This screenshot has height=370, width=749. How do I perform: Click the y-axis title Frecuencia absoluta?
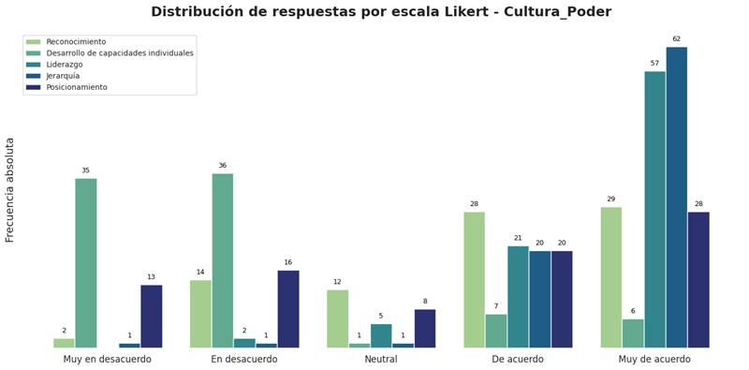(x=10, y=190)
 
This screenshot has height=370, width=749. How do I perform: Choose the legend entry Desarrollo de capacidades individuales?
(x=119, y=53)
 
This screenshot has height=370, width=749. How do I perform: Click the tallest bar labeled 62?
(x=676, y=197)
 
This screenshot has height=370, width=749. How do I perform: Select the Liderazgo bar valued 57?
(x=654, y=209)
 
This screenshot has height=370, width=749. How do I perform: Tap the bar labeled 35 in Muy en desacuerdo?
(x=86, y=262)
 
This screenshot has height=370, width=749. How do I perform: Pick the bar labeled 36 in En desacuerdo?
(x=223, y=260)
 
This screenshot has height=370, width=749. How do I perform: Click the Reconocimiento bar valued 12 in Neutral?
(x=338, y=318)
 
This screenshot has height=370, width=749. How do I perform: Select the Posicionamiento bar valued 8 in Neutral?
(x=425, y=328)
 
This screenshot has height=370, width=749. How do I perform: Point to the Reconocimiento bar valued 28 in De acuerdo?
(x=475, y=279)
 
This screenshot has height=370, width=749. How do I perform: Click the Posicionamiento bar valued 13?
(x=152, y=316)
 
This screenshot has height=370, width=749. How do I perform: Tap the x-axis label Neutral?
(x=381, y=360)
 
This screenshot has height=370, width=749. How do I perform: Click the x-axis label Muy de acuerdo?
(x=654, y=360)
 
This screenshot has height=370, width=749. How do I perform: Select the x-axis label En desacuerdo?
(x=244, y=360)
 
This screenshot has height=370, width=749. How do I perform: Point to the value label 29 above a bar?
(x=610, y=199)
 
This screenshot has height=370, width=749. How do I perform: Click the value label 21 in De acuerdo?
(x=518, y=238)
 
